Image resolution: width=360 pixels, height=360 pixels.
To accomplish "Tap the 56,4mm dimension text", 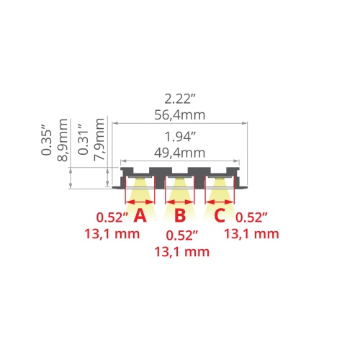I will (x=179, y=114).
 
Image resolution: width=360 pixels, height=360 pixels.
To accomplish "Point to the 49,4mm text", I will (x=179, y=152).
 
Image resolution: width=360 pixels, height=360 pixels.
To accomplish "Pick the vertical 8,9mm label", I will (x=63, y=142).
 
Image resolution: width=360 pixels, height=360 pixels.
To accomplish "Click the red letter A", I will (x=140, y=215).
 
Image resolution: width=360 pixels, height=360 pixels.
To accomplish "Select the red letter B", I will (x=180, y=215).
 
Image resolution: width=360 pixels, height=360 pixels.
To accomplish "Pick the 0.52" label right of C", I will (x=251, y=216).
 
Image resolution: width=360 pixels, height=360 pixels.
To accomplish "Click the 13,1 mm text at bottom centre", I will (x=181, y=251).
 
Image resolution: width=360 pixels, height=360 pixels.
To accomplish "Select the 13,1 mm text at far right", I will (x=251, y=233).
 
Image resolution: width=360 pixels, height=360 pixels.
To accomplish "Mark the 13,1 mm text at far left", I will (x=111, y=233).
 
